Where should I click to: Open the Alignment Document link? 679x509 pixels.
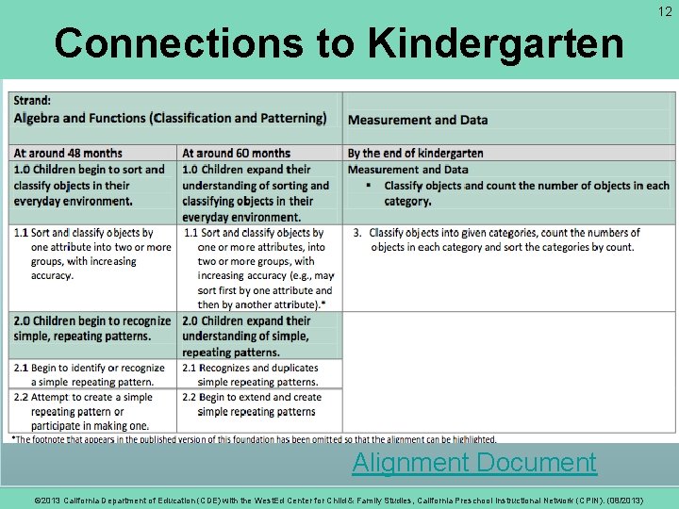tap(473, 463)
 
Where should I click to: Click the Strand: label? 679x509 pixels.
tap(33, 101)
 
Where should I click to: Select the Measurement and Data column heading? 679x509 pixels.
tap(418, 120)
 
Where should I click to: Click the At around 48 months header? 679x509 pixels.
tap(68, 153)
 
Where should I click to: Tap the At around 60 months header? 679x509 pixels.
tap(236, 153)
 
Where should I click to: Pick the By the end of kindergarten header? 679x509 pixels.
tap(416, 153)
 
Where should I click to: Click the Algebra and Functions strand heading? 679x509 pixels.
tap(170, 118)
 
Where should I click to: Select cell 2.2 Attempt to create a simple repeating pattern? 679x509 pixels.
tap(90, 412)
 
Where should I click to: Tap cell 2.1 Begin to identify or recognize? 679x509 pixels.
tap(90, 374)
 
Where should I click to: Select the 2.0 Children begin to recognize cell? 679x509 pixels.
tap(91, 328)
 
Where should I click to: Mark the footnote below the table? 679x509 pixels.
tap(253, 439)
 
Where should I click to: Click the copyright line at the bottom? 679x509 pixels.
tap(339, 501)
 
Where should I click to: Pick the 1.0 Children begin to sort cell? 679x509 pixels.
tap(90, 185)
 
